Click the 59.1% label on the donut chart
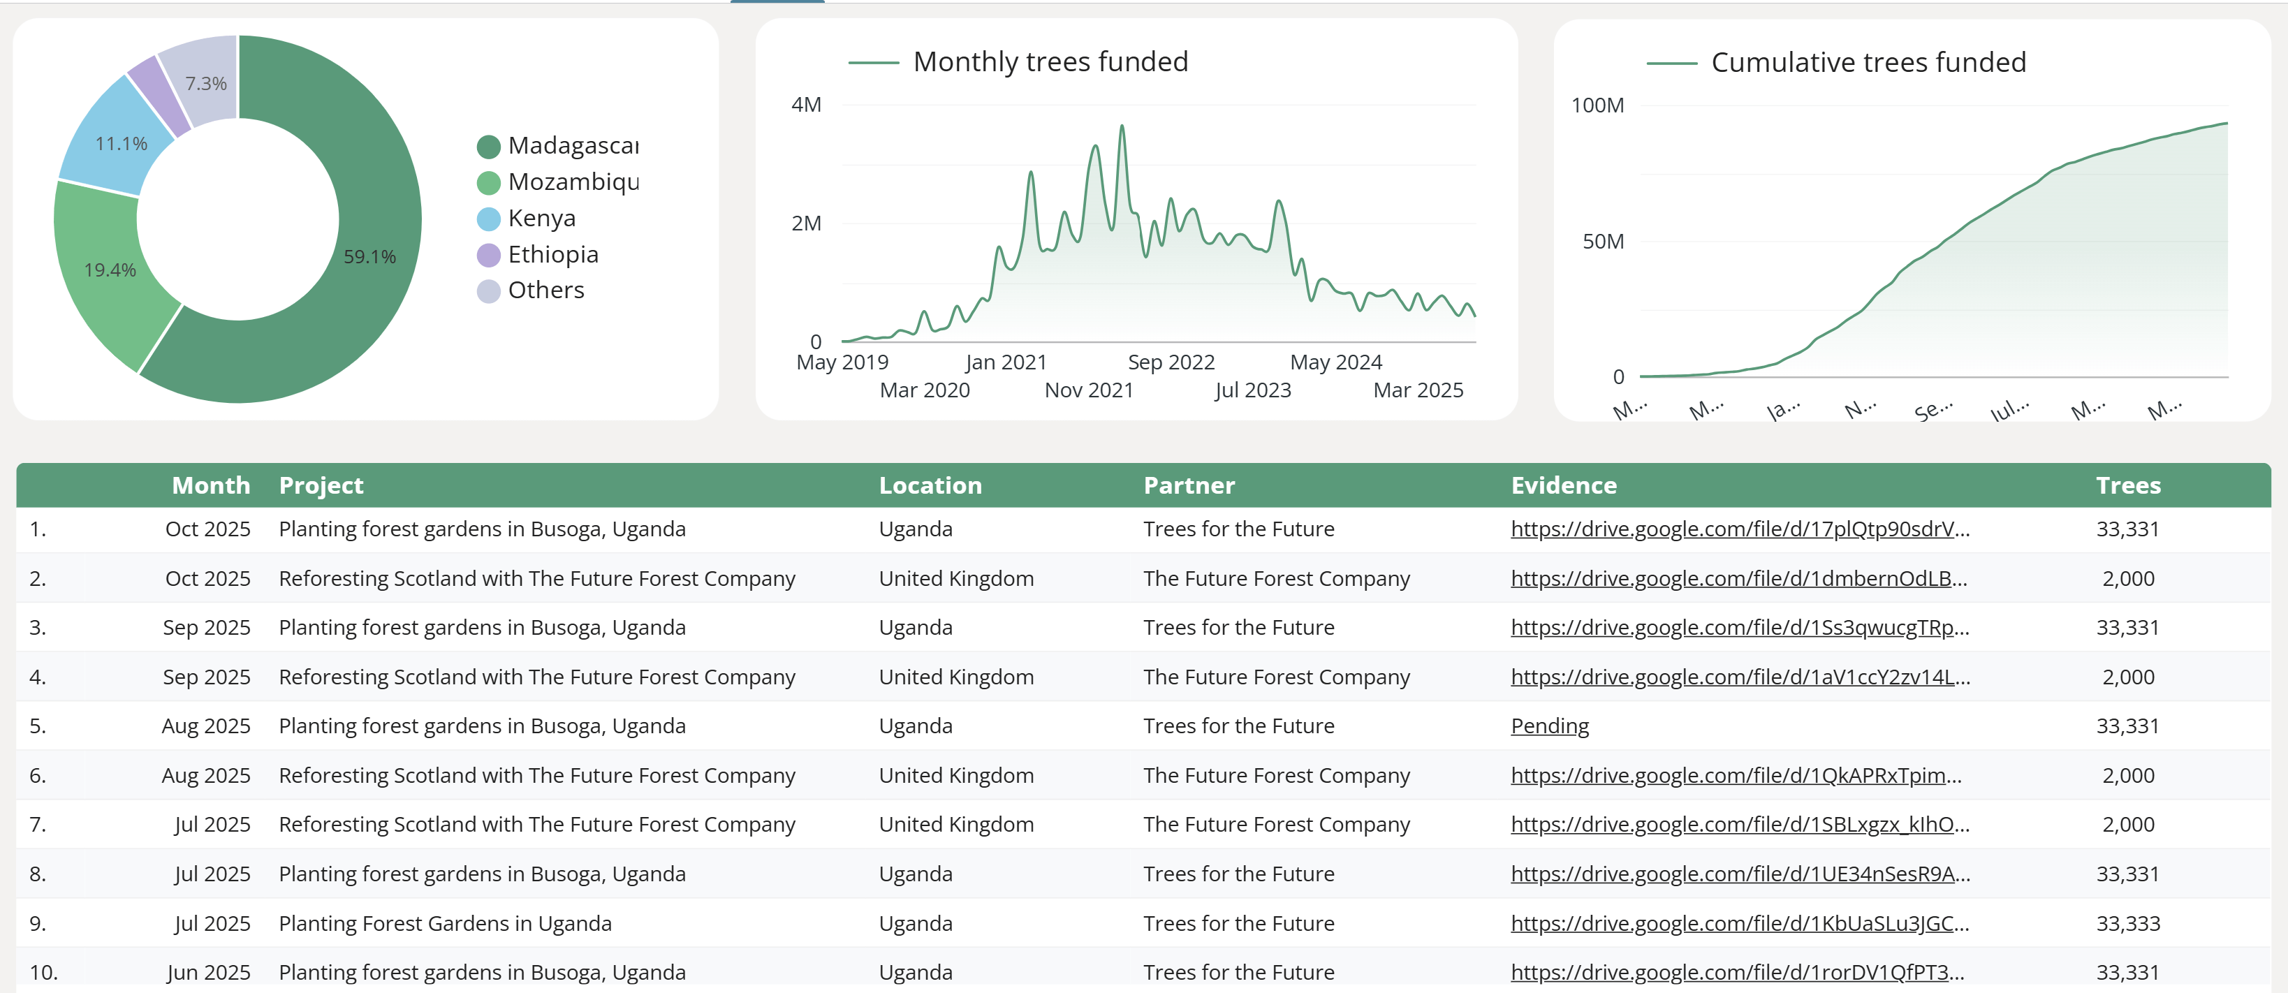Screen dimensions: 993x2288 pyautogui.click(x=369, y=257)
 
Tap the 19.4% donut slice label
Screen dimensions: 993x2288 pyautogui.click(x=110, y=270)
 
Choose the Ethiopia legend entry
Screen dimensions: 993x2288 pyautogui.click(x=552, y=255)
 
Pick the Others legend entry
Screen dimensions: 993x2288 pyautogui.click(x=545, y=290)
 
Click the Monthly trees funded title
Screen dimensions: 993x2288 pyautogui.click(x=1050, y=62)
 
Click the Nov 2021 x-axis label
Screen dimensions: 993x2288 pyautogui.click(x=1089, y=390)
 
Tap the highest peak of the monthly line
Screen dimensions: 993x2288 pyautogui.click(x=1122, y=127)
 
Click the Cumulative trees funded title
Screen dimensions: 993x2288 pyautogui.click(x=1868, y=63)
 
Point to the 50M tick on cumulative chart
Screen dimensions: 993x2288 pyautogui.click(x=1602, y=242)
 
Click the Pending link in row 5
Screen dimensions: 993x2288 pyautogui.click(x=1549, y=726)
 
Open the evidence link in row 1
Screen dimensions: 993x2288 pyautogui.click(x=1739, y=529)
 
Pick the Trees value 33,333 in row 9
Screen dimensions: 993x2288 pyautogui.click(x=2127, y=924)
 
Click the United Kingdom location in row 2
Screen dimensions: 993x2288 pyautogui.click(x=955, y=579)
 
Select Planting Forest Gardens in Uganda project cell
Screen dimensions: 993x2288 pyautogui.click(x=445, y=924)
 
